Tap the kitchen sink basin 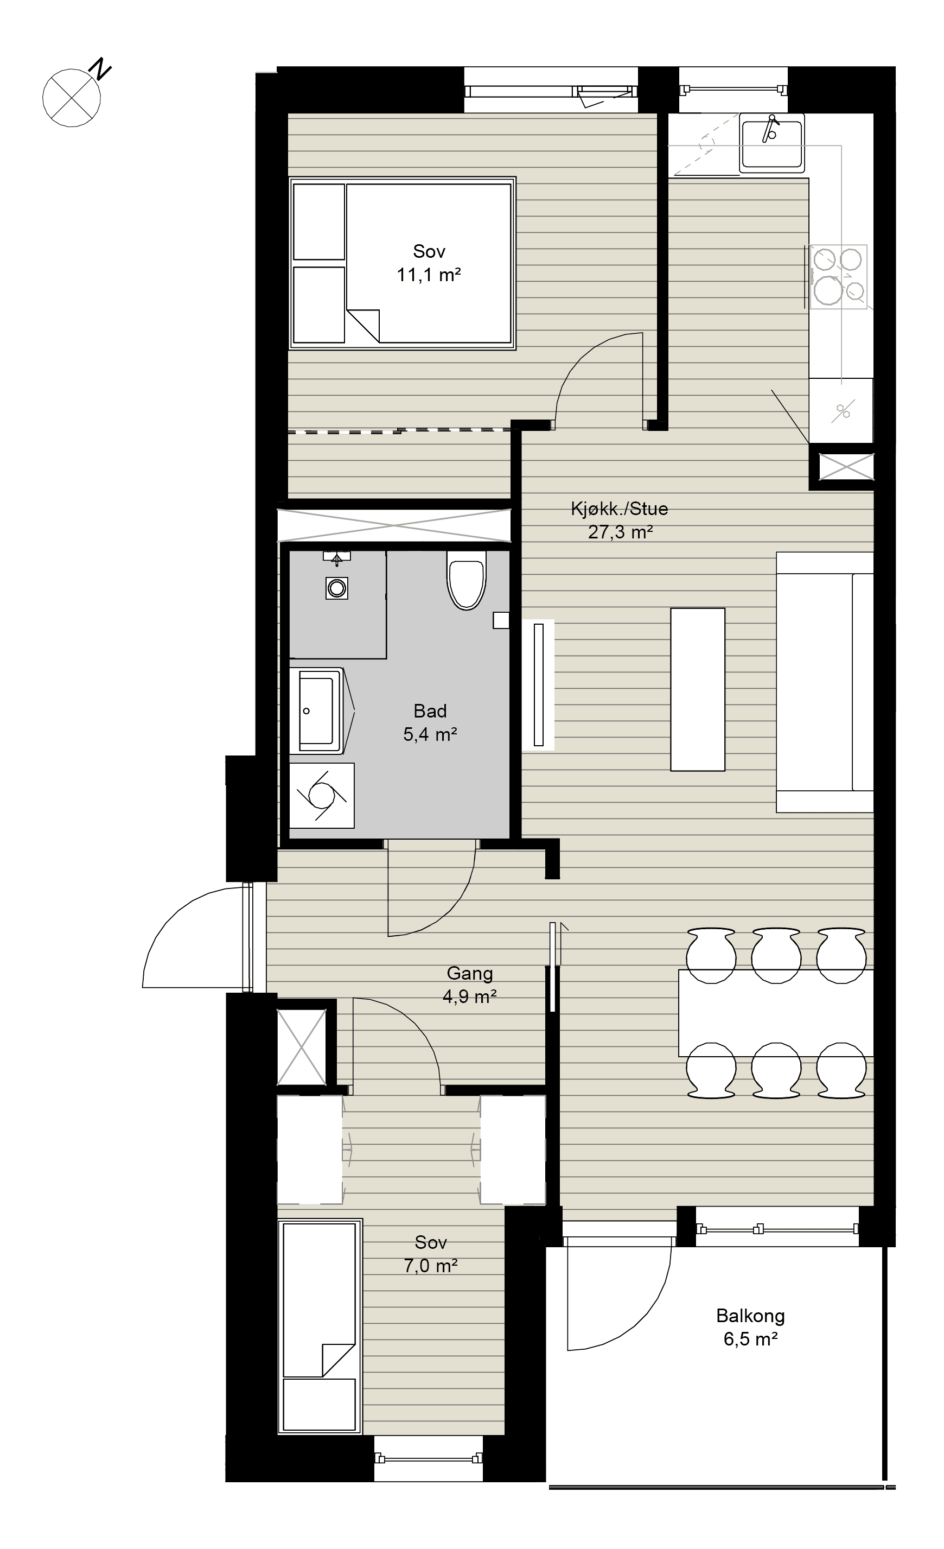pyautogui.click(x=771, y=143)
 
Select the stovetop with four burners pyautogui.click(x=838, y=277)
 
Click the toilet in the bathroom pyautogui.click(x=467, y=580)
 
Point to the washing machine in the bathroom pyautogui.click(x=322, y=795)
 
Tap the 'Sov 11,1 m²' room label pyautogui.click(x=429, y=263)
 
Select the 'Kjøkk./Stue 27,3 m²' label pyautogui.click(x=620, y=520)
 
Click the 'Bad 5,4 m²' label pyautogui.click(x=430, y=722)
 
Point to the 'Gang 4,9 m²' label pyautogui.click(x=469, y=985)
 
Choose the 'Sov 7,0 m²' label pyautogui.click(x=431, y=1254)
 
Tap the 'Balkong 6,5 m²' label pyautogui.click(x=750, y=1327)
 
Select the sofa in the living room pyautogui.click(x=825, y=682)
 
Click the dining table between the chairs pyautogui.click(x=776, y=1013)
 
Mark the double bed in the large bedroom pyautogui.click(x=402, y=263)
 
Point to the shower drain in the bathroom pyautogui.click(x=337, y=588)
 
